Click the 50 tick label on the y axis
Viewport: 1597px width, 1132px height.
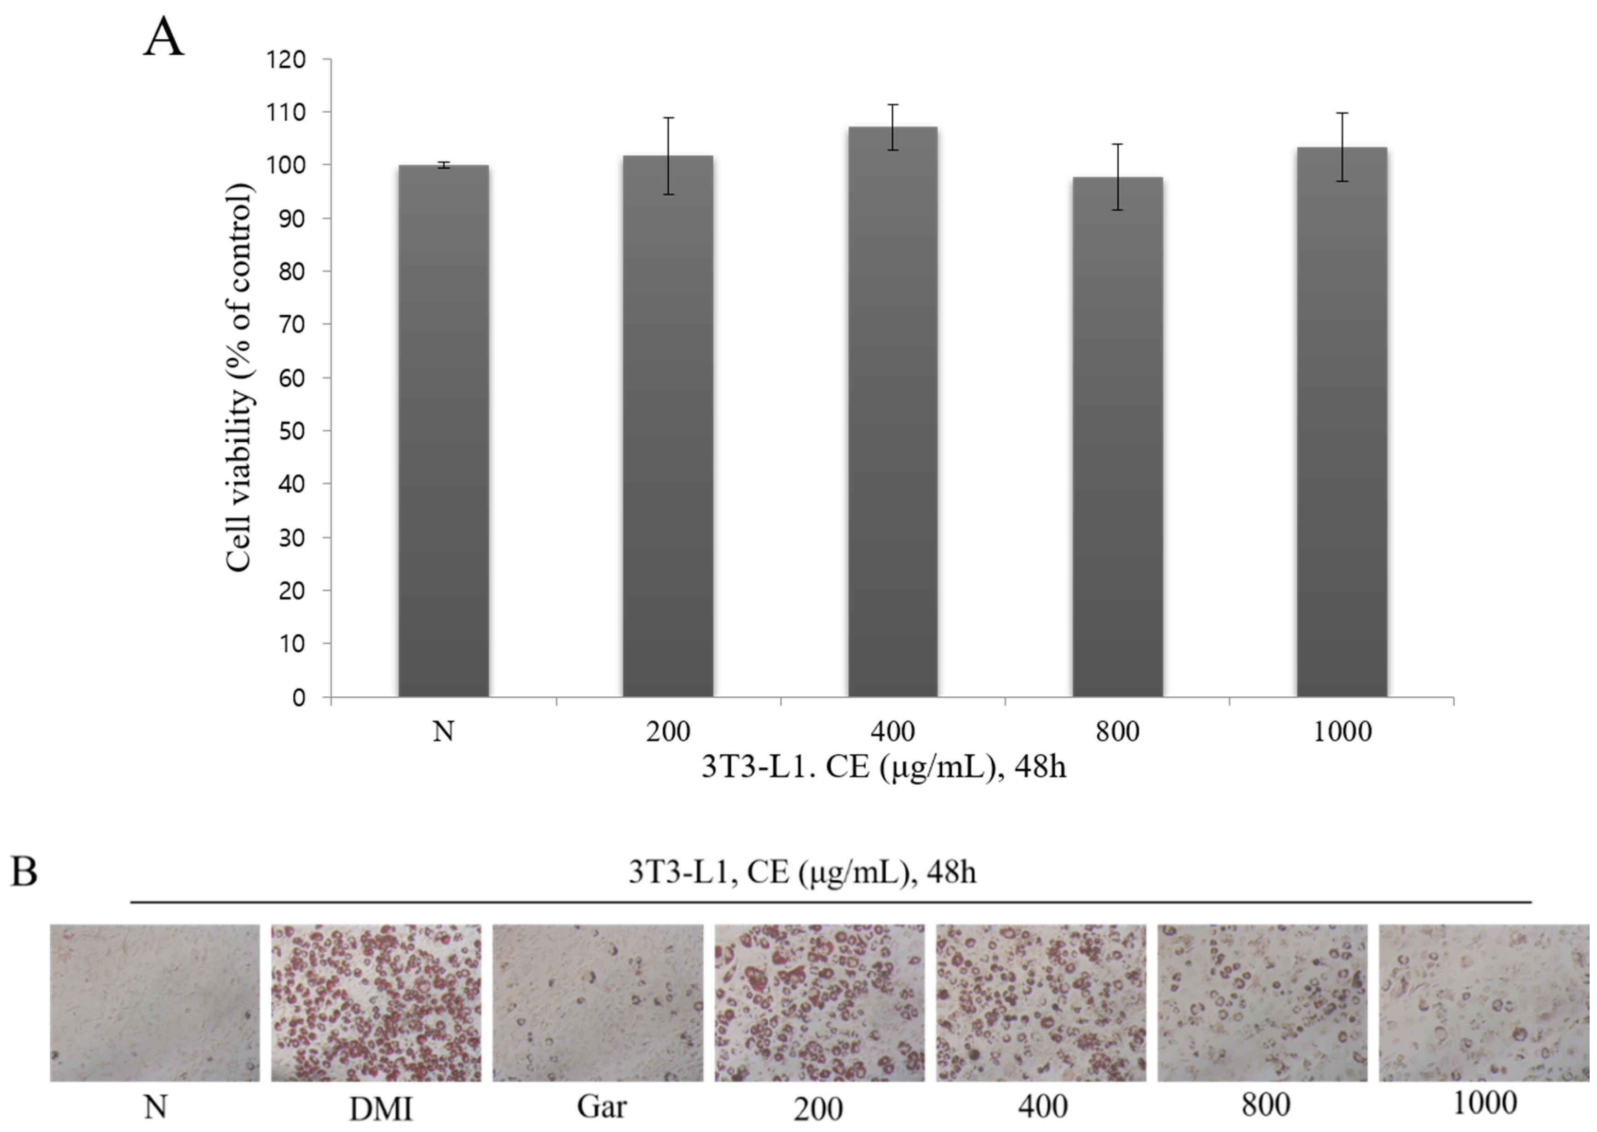tap(291, 431)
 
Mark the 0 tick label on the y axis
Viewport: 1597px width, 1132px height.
tap(298, 697)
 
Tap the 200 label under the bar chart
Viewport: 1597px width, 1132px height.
tap(668, 731)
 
